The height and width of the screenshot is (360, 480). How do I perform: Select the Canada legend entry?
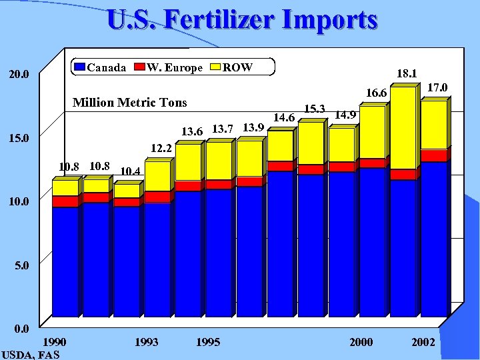100,67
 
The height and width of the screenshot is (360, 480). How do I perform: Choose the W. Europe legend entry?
167,67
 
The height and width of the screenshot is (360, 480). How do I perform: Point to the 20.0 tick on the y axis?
19,75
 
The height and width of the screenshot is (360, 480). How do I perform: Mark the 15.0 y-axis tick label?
19,139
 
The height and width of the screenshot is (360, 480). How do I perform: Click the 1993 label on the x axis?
146,342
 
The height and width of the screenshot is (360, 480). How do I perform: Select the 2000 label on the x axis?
361,342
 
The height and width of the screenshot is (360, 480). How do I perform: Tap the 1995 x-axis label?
208,342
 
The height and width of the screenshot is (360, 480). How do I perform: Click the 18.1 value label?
407,73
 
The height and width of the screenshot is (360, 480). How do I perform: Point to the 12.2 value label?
161,148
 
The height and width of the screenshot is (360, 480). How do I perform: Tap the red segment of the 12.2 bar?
157,197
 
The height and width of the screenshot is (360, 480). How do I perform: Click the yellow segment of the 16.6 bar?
372,132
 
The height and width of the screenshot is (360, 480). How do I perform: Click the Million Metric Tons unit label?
129,103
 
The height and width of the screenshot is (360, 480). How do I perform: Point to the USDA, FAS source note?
31,354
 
